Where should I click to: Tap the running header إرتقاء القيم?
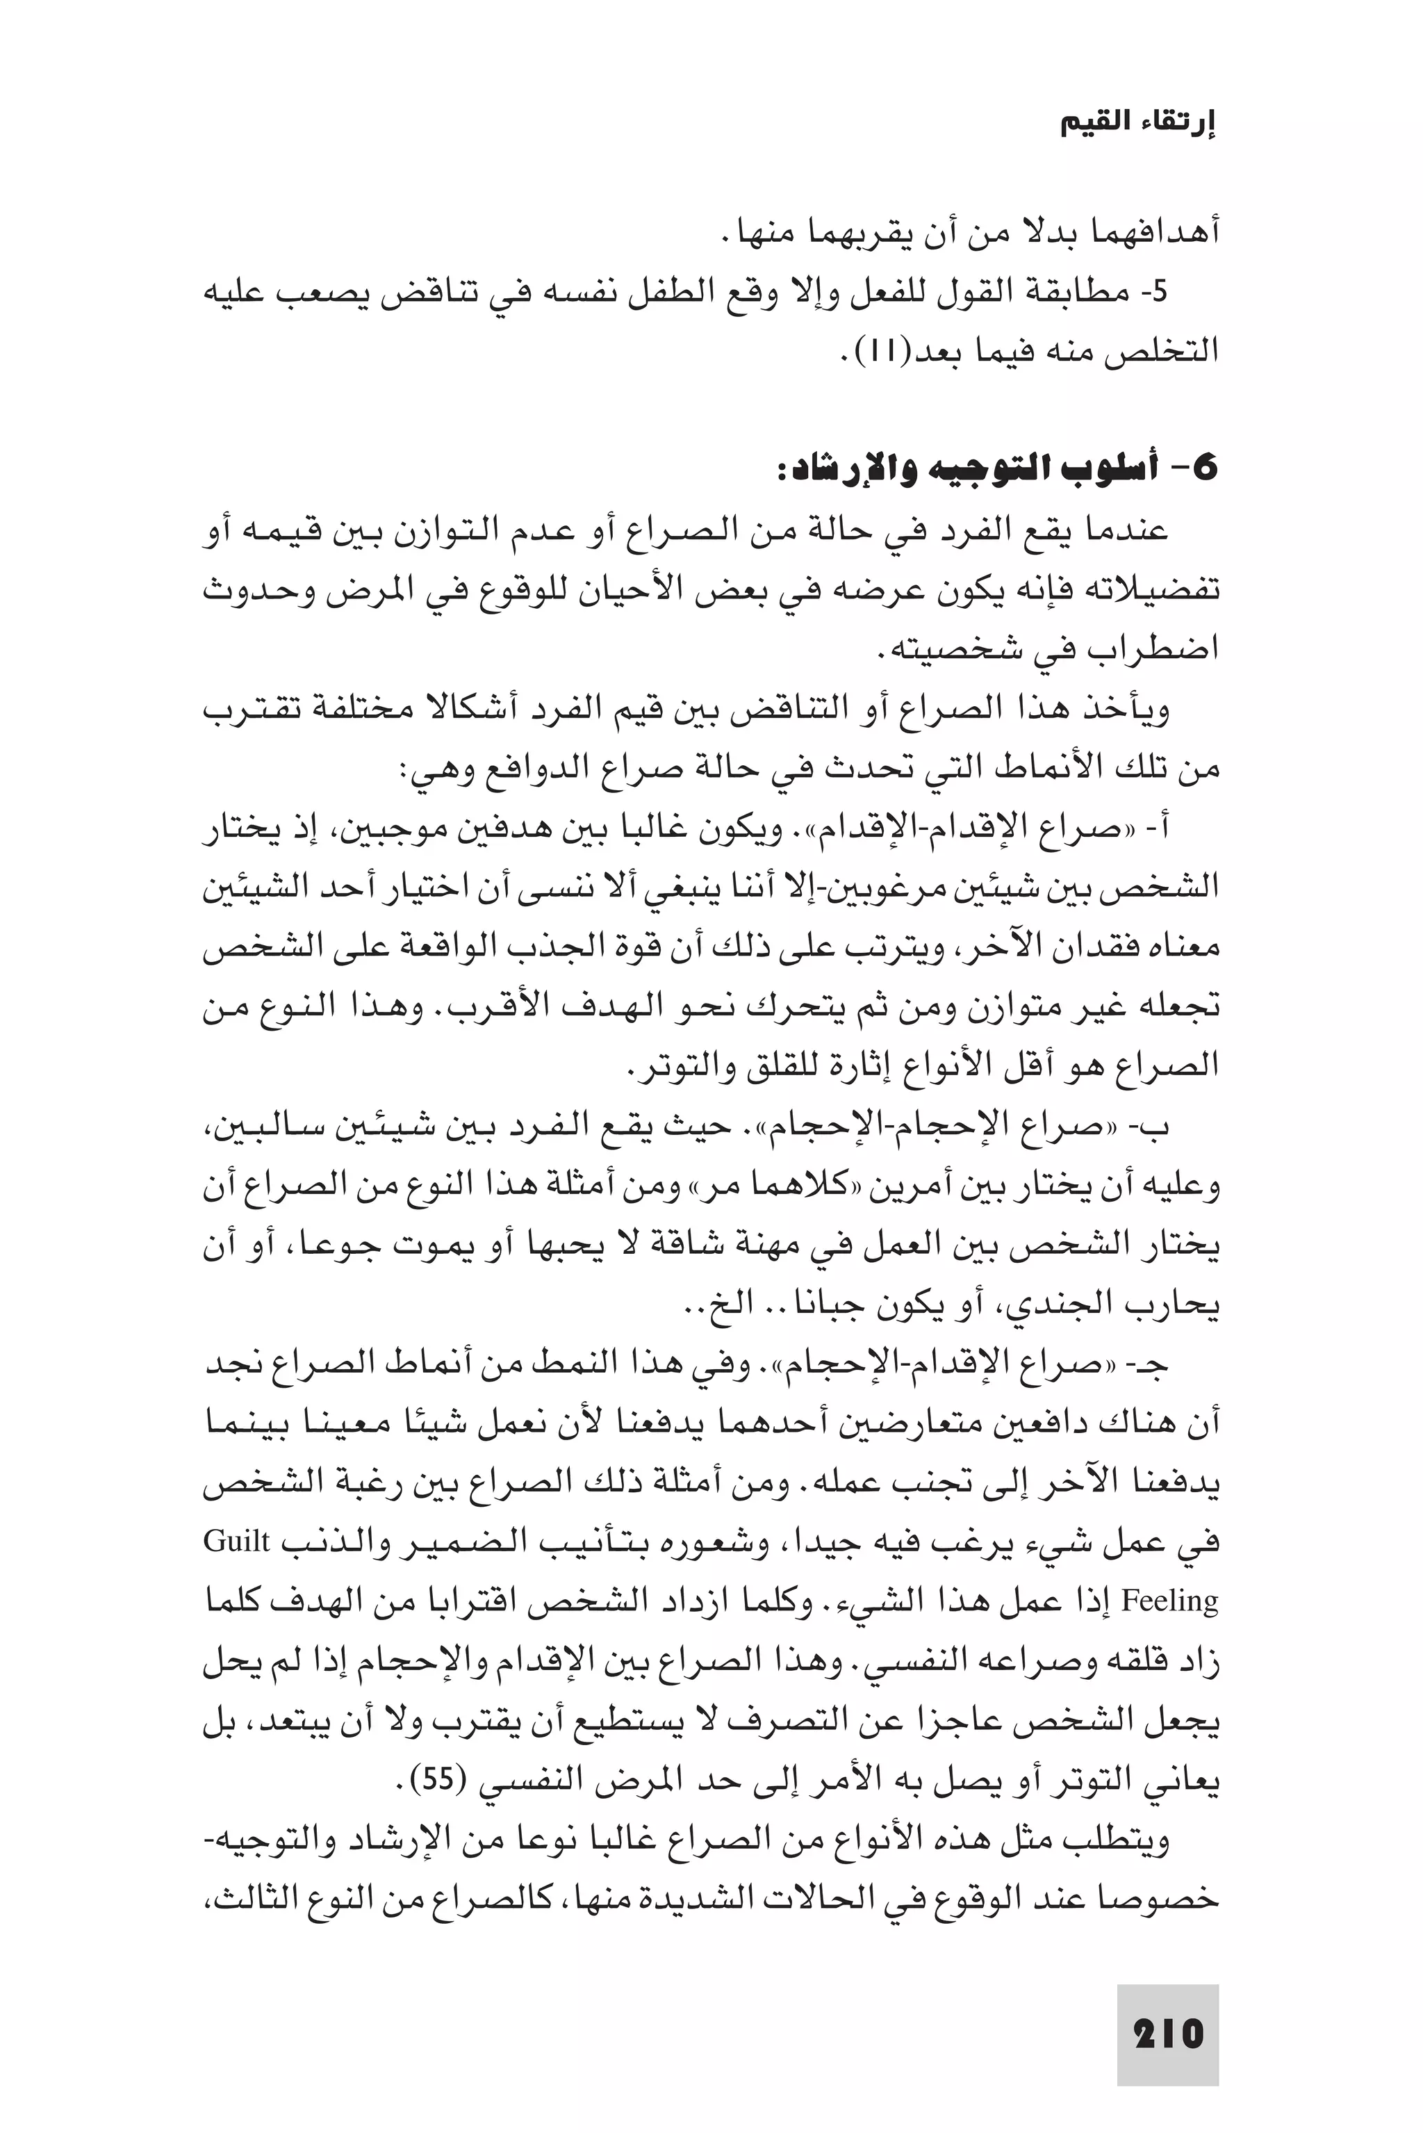[1138, 124]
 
